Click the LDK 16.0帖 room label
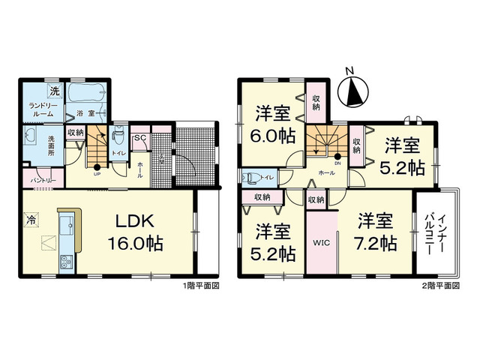[135, 232]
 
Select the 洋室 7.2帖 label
[376, 232]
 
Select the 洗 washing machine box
[54, 91]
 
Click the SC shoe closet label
[139, 137]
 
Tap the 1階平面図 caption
[200, 286]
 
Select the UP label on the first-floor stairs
[97, 174]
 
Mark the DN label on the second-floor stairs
[337, 163]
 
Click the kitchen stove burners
[64, 262]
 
